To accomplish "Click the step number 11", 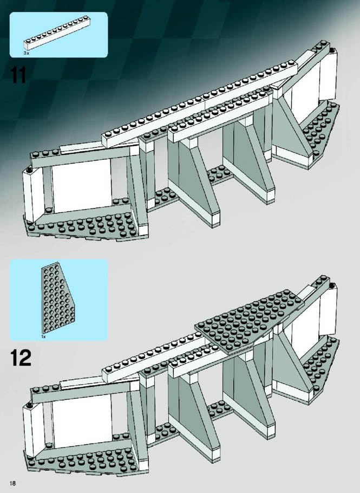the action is coord(18,75).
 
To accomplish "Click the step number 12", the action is coord(21,358).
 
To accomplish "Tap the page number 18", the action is coord(12,483).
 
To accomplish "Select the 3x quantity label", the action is coord(27,54).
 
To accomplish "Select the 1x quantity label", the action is coord(43,336).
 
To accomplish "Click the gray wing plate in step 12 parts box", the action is coord(58,298).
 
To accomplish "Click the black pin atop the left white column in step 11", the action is coord(30,170).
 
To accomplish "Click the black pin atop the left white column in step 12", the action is coord(30,404).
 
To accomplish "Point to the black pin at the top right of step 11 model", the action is coord(332,50).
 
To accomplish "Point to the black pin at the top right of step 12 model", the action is coord(332,285).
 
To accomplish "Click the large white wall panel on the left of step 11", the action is coord(82,185).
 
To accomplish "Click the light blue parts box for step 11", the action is coord(59,35).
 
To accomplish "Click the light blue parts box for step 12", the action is coord(59,300).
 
